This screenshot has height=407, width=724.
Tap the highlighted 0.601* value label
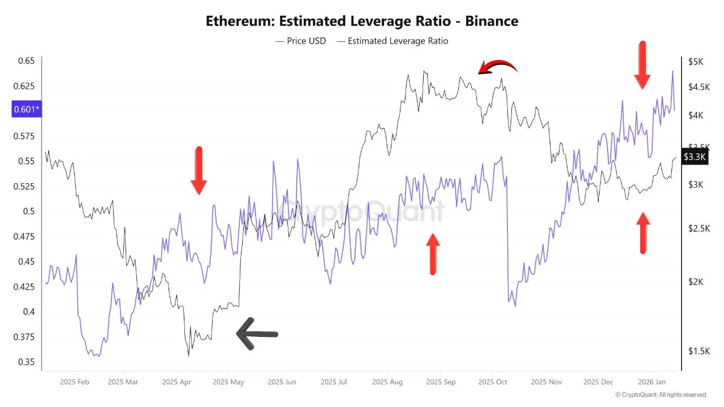point(27,109)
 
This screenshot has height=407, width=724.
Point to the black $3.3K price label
point(694,157)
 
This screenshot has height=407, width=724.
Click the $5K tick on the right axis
point(696,62)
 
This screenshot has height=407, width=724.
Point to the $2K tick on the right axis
point(696,282)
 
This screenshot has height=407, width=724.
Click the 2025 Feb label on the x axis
point(75,382)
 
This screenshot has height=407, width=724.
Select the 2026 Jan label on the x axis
point(651,382)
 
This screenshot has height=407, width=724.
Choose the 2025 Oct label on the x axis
point(493,382)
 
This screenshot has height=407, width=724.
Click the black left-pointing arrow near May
point(257,334)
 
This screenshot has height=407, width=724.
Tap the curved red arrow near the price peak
point(498,67)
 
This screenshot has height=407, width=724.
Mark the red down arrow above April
point(199,170)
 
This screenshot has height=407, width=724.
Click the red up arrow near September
point(433,254)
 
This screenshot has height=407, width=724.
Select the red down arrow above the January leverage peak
point(641,64)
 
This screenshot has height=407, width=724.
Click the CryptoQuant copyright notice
point(660,395)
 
